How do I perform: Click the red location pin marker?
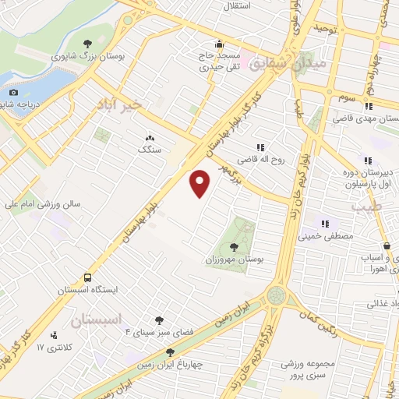click(x=201, y=182)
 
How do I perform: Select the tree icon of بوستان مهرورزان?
click(x=234, y=246)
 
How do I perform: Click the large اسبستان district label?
click(x=97, y=320)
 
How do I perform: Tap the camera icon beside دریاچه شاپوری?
click(x=12, y=93)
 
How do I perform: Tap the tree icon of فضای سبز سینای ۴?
click(x=159, y=320)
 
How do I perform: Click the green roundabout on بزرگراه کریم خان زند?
click(x=276, y=295)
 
